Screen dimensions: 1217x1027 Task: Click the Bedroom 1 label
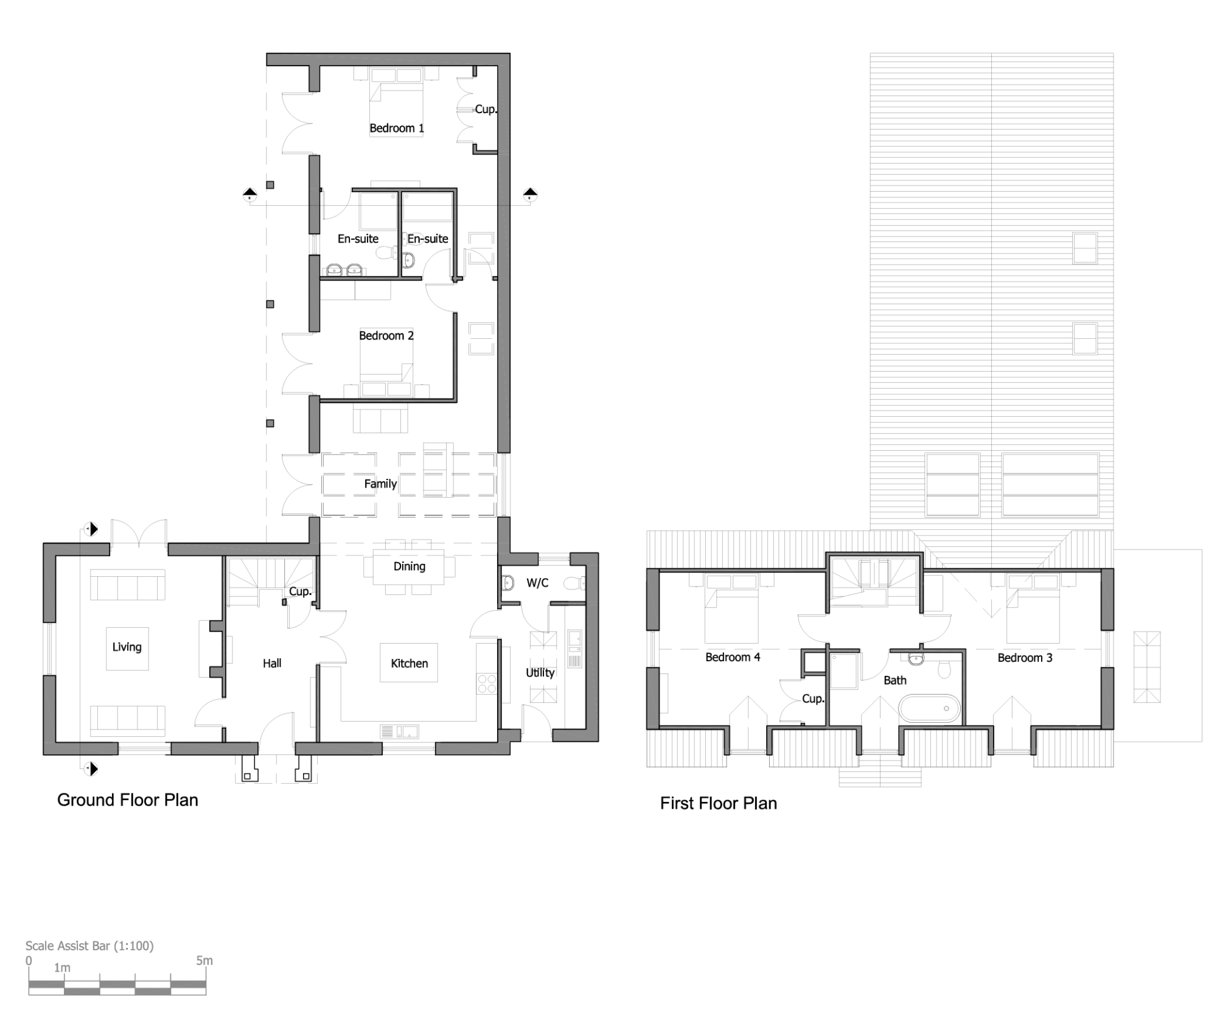click(x=396, y=128)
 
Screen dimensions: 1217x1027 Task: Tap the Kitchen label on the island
click(x=409, y=663)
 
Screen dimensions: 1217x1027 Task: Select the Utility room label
click(x=540, y=672)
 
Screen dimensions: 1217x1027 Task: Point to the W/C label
click(x=537, y=583)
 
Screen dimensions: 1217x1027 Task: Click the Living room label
click(x=127, y=647)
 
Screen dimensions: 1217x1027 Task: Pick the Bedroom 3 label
click(x=1025, y=658)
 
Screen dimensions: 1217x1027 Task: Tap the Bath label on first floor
click(x=894, y=680)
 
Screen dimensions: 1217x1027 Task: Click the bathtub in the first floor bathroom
click(x=929, y=709)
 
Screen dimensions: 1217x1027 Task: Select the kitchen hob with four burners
click(x=487, y=684)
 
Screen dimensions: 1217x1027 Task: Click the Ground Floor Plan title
click(x=128, y=799)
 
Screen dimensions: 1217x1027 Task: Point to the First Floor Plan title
click(x=719, y=803)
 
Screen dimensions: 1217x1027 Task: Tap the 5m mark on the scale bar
click(x=204, y=961)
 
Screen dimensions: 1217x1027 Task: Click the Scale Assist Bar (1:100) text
click(x=89, y=945)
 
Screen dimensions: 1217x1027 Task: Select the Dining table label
click(x=409, y=566)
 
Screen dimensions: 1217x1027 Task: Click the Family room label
click(x=380, y=484)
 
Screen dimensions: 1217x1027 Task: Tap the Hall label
click(x=272, y=663)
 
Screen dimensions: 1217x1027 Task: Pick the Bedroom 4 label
click(x=733, y=657)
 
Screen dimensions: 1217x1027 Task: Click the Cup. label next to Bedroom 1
click(x=486, y=110)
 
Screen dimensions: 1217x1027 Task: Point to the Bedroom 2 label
click(x=386, y=336)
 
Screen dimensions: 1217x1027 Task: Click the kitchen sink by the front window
click(x=399, y=731)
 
